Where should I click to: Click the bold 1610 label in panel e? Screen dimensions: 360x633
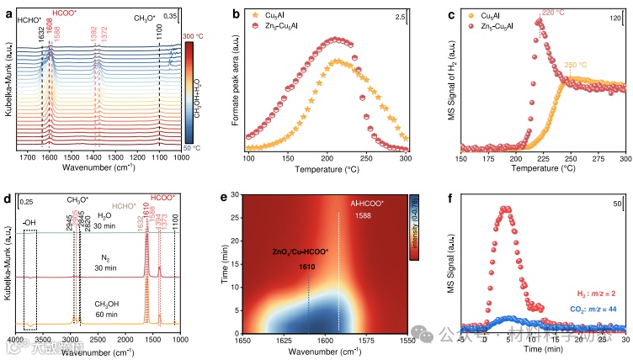pos(308,267)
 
